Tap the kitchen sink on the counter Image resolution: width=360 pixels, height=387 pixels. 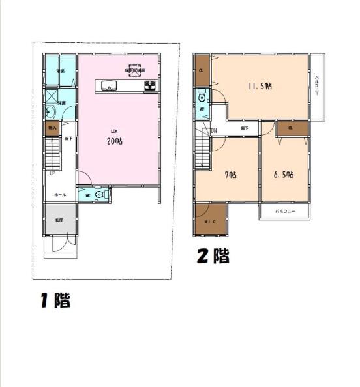point(108,85)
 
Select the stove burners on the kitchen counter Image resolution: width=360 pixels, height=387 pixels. point(150,85)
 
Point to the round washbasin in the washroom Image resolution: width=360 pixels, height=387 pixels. point(50,111)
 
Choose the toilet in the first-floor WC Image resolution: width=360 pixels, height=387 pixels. point(99,193)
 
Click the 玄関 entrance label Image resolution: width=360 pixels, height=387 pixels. point(59,220)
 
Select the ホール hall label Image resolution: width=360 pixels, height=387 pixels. point(59,194)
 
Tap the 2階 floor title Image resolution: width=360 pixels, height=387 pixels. point(213,256)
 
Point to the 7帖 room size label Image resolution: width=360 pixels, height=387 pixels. point(230,174)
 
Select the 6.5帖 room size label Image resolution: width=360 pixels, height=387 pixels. point(284,174)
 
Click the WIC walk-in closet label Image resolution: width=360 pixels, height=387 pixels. point(210,222)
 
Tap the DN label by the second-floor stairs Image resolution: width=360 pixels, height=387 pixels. point(213,130)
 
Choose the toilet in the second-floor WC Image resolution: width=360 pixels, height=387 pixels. point(202,98)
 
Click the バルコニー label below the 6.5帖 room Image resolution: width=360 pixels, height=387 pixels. point(284,212)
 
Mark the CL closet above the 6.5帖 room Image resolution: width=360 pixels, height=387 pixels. point(290,128)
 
